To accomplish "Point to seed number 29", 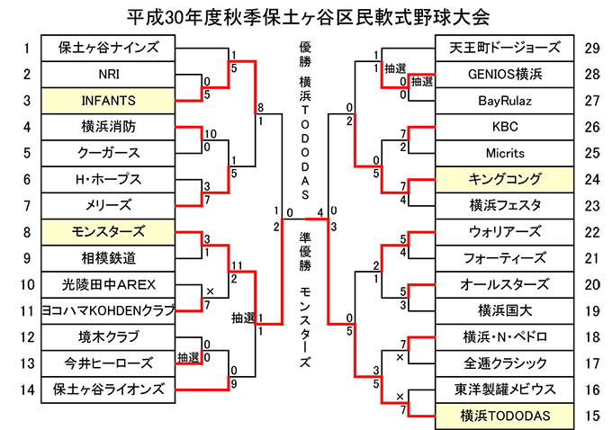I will pyautogui.click(x=591, y=48).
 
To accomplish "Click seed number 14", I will pyautogui.click(x=27, y=389).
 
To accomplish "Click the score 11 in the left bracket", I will pyautogui.click(x=235, y=264).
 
